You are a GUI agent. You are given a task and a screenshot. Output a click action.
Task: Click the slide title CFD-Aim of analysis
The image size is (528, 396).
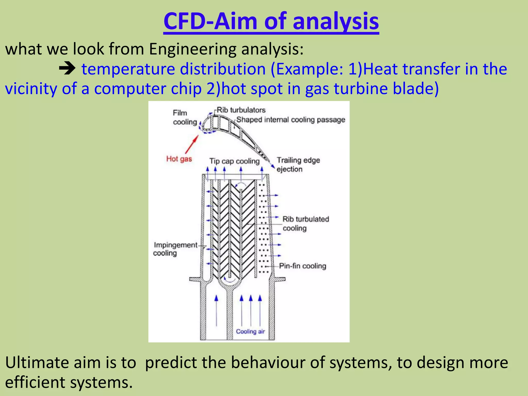click(271, 21)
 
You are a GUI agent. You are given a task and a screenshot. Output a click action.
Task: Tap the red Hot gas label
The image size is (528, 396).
click(179, 159)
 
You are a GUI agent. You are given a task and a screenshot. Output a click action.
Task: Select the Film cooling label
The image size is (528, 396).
click(185, 118)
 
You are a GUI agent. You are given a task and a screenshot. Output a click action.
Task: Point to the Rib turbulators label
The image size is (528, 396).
click(241, 110)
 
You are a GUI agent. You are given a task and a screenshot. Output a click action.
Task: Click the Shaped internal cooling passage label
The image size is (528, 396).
click(291, 120)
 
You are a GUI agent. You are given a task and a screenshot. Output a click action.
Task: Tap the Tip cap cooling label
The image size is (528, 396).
click(234, 161)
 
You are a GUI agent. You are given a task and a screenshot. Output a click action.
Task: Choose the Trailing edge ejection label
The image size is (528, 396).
click(298, 165)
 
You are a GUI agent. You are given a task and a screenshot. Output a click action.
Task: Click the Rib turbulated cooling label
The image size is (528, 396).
click(306, 224)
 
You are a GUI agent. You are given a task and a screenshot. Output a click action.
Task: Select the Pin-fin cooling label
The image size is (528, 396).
click(302, 266)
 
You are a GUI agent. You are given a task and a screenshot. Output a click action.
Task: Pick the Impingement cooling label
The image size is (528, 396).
click(175, 249)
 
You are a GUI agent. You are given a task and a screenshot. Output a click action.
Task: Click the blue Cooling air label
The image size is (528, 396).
click(250, 332)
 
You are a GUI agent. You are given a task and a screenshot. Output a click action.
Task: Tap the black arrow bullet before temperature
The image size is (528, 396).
click(67, 69)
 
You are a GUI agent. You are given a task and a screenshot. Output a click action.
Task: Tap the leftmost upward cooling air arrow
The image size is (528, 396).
click(216, 311)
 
